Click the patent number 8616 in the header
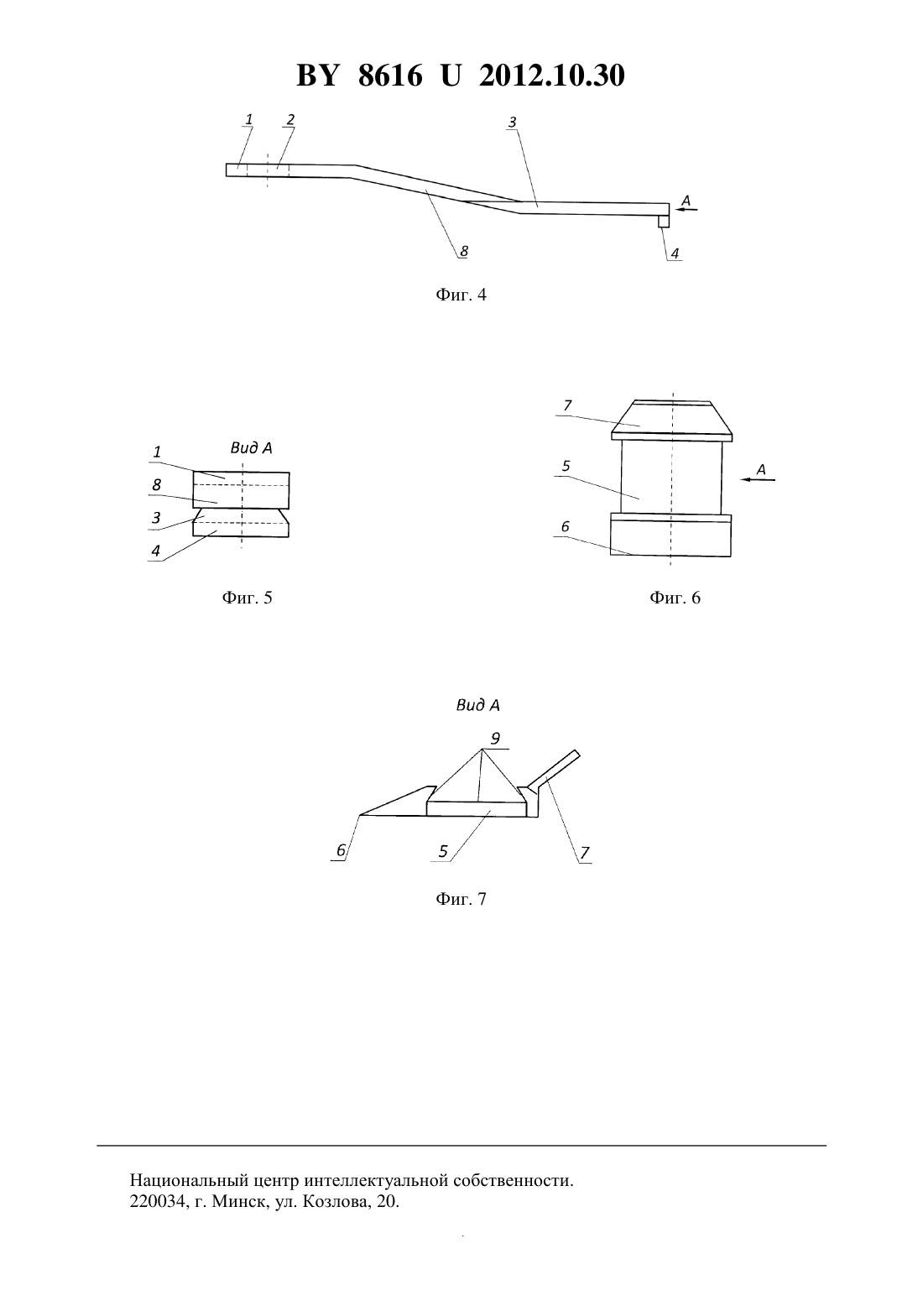click(x=390, y=76)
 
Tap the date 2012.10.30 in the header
click(x=552, y=76)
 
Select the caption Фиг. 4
click(x=461, y=295)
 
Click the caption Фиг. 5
click(x=247, y=598)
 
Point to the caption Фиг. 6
click(x=675, y=598)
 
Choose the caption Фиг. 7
click(x=461, y=898)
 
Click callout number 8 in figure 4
click(x=464, y=251)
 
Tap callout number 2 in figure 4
click(x=290, y=119)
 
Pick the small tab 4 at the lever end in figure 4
click(x=664, y=221)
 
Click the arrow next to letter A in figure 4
click(x=686, y=208)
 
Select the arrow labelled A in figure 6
click(x=758, y=479)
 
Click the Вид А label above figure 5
click(x=251, y=447)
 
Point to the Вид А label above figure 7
click(x=477, y=706)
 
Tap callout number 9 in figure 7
click(x=495, y=739)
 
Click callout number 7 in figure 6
click(x=567, y=405)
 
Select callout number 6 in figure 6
click(x=565, y=526)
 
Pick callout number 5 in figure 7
click(x=443, y=852)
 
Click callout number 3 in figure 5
click(x=156, y=518)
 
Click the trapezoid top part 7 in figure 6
click(x=672, y=420)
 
